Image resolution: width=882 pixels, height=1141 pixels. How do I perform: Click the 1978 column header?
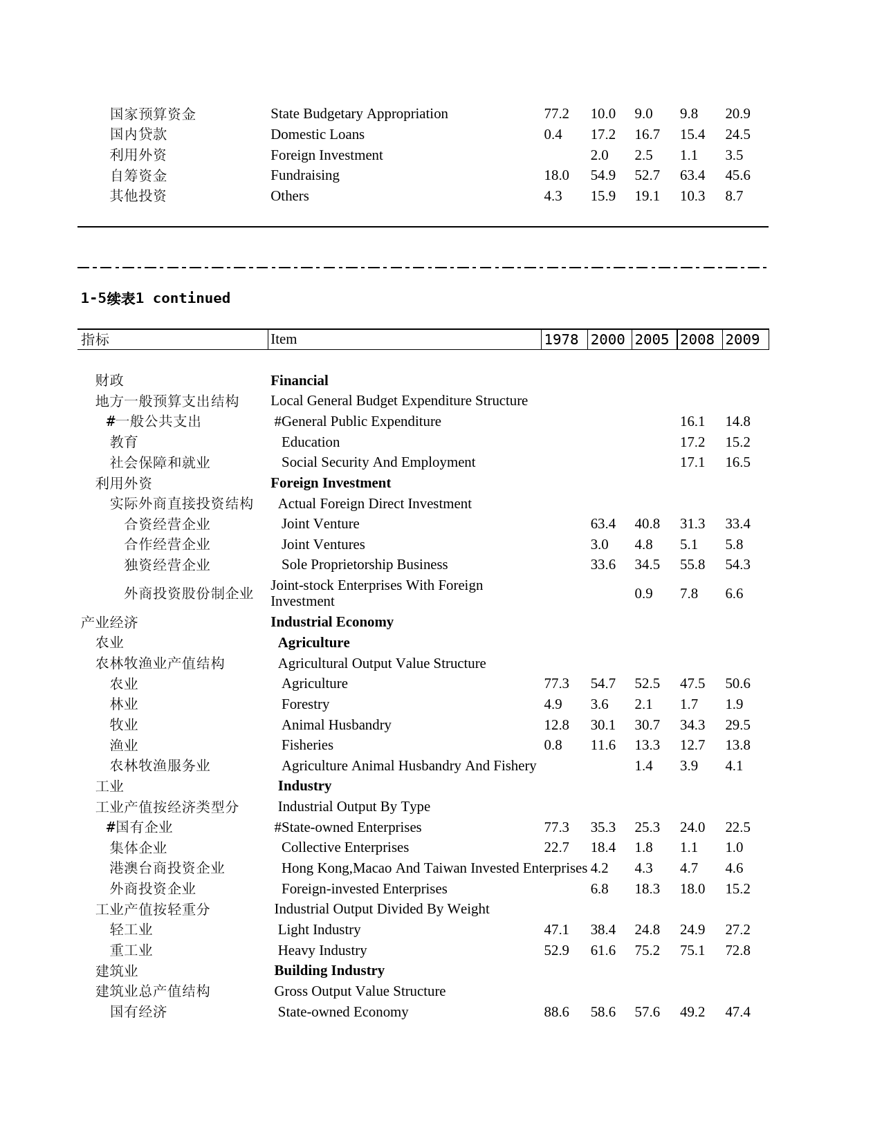[561, 340]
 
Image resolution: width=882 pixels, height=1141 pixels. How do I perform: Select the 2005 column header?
[652, 340]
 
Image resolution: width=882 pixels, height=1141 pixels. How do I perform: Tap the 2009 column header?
[742, 340]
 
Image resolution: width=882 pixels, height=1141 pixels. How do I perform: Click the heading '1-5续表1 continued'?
[155, 298]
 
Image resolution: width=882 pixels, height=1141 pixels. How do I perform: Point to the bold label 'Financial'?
[299, 380]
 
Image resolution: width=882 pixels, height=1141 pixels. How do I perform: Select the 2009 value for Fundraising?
[737, 175]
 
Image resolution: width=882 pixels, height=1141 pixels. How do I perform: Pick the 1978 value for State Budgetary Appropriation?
[556, 113]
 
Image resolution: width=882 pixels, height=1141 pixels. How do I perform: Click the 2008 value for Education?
[692, 442]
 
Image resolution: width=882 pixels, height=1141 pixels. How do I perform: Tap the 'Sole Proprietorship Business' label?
[364, 565]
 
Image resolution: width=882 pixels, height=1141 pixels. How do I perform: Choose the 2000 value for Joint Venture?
[603, 523]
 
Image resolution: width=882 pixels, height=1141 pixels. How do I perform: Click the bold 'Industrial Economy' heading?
[331, 622]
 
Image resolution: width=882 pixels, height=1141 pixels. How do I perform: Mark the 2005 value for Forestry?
[643, 704]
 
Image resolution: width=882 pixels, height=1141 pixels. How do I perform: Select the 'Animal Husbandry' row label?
[336, 725]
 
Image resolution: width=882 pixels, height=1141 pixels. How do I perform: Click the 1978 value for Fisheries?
[553, 745]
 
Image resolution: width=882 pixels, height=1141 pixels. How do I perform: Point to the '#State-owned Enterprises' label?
[347, 827]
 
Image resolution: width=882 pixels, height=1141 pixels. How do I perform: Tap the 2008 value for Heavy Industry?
[692, 950]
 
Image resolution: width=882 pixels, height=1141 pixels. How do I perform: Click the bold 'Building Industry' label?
[329, 970]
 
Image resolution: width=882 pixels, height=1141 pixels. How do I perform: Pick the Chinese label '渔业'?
[124, 745]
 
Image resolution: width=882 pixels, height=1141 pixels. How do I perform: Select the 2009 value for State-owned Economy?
[737, 1012]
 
